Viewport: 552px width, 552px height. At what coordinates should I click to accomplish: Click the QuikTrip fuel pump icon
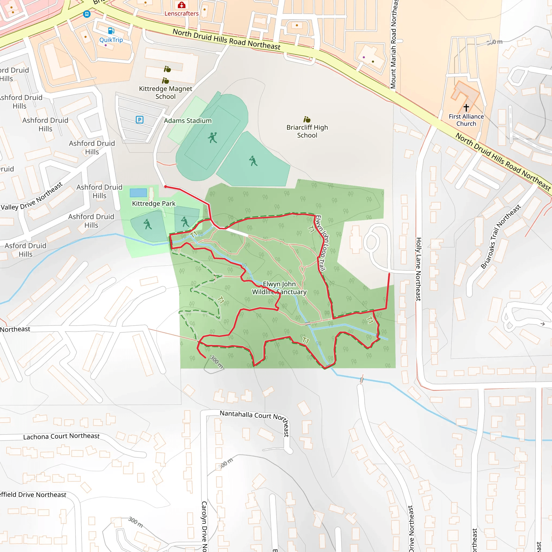coord(111,30)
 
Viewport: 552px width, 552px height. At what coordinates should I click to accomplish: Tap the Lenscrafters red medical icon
coord(181,5)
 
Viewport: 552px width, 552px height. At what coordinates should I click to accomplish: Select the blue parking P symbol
coord(139,119)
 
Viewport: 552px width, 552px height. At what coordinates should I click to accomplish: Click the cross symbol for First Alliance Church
coord(466,108)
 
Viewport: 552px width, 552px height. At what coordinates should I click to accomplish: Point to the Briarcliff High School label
coord(307,131)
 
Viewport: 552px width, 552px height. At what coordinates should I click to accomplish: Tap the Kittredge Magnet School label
coord(165,92)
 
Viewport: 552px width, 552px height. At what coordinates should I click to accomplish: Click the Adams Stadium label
coord(188,120)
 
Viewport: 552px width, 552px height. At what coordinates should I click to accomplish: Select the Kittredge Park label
coord(154,203)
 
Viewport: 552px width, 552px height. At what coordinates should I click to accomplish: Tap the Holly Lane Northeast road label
coord(418,269)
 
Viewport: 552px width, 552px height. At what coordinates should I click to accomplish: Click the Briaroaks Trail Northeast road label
coord(501,237)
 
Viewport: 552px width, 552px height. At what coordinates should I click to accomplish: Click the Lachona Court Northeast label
coord(61,436)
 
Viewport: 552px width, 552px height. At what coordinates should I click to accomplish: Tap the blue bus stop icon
coord(87,14)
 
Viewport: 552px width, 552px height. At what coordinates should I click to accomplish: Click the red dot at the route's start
coord(165,187)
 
